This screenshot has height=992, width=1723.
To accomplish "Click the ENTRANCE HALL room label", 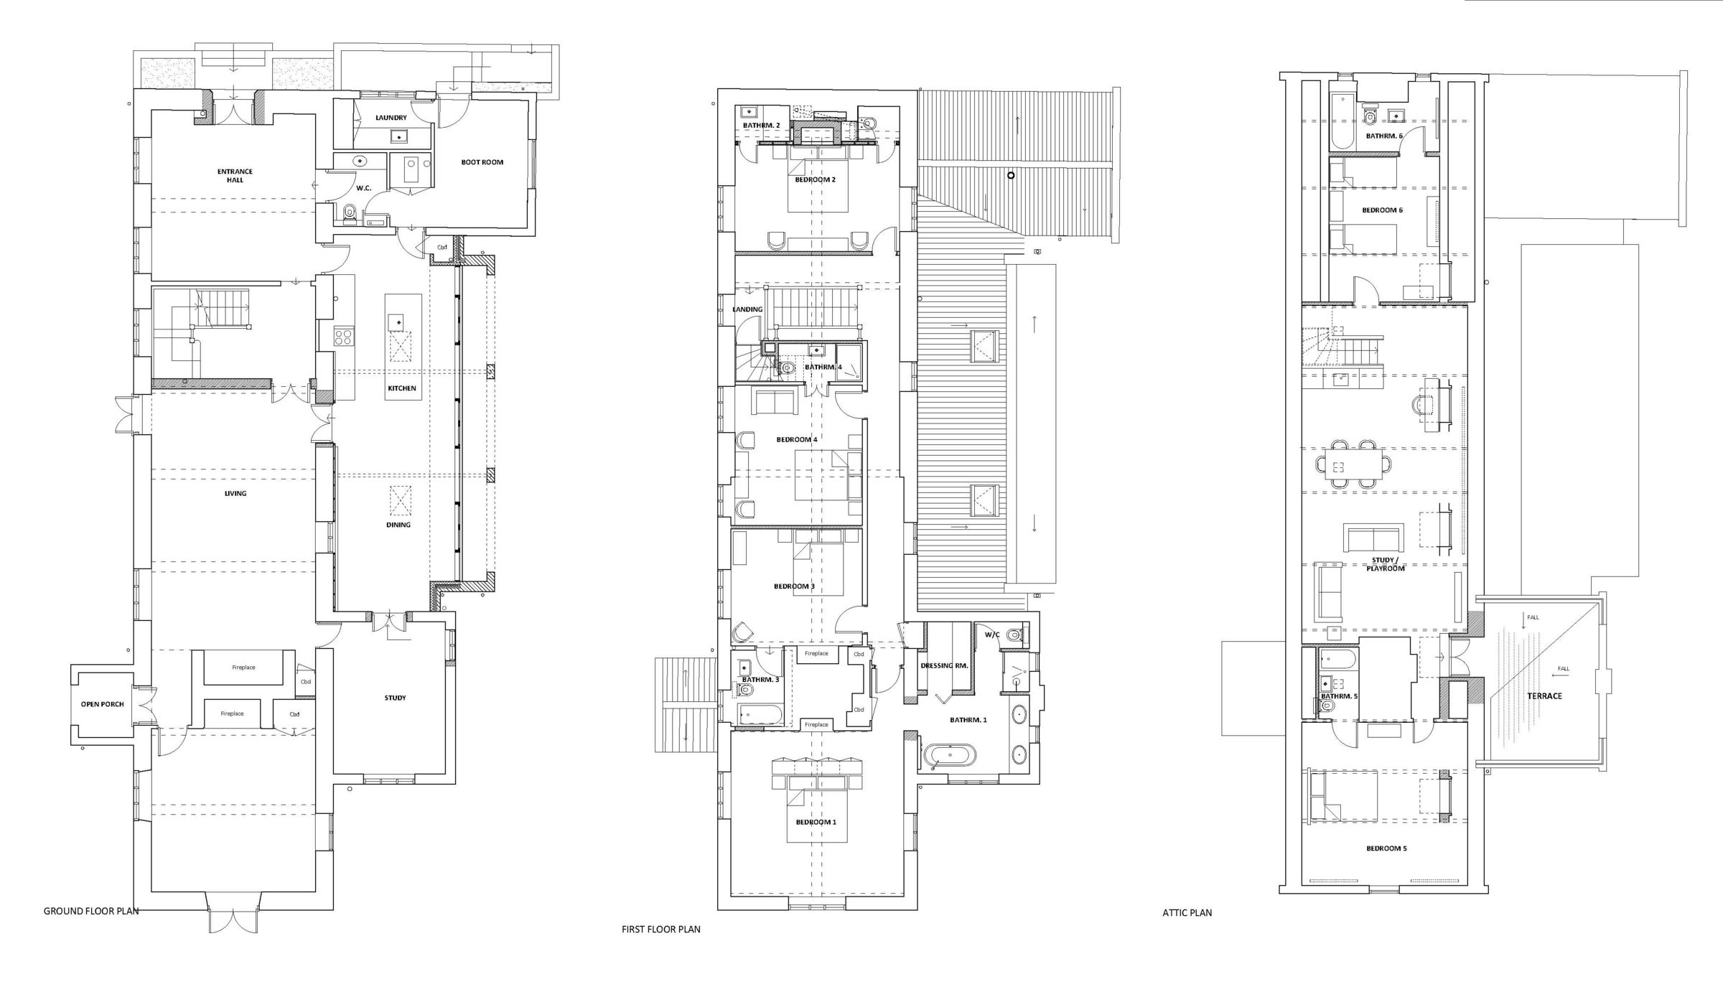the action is tap(235, 175).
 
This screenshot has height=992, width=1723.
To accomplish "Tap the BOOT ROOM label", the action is tap(482, 162).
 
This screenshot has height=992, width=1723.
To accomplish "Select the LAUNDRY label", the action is tap(391, 118).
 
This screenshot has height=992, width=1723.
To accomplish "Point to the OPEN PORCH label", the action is tap(102, 704).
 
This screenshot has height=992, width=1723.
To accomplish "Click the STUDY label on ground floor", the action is tap(395, 698).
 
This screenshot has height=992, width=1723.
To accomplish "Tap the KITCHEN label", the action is tap(402, 388).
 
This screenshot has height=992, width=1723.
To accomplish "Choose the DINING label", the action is tap(398, 525).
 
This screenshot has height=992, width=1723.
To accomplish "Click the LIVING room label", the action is tap(235, 494).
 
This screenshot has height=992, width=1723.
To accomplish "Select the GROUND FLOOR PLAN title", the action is tap(91, 911).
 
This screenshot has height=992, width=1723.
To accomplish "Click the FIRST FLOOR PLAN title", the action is tap(660, 929).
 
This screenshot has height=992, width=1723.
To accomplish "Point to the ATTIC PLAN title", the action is tap(1187, 913).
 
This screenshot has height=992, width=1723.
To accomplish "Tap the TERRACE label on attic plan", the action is tap(1544, 696).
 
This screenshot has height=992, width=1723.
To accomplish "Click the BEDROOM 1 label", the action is tap(816, 822).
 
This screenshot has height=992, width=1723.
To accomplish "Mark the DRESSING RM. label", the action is tap(944, 665).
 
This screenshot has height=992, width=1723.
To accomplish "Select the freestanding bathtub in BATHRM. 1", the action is tap(950, 756).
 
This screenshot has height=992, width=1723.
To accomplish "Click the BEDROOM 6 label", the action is tap(1382, 210).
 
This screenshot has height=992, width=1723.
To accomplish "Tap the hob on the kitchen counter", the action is tap(343, 337).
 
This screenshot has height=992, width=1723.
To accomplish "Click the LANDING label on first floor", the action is tap(747, 309).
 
